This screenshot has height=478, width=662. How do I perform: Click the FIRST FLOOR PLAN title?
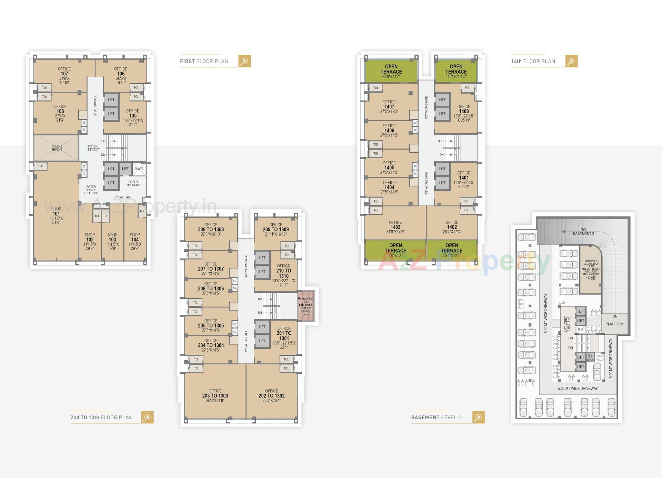tap(204, 61)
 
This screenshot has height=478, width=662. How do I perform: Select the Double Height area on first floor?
tap(57, 148)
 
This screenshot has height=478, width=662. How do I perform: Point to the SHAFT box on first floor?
tap(139, 169)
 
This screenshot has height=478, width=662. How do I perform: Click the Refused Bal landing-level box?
tap(306, 306)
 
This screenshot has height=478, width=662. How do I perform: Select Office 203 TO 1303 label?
tap(215, 395)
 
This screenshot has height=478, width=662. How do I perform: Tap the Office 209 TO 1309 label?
tap(275, 229)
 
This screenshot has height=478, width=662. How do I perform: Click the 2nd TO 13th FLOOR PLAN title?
tap(101, 417)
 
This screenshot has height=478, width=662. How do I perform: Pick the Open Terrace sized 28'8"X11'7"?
tap(391, 71)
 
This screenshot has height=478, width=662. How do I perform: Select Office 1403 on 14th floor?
tap(395, 227)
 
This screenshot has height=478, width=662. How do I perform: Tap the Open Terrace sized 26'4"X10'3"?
tap(452, 250)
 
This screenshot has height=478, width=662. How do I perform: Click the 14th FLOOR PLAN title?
tap(533, 61)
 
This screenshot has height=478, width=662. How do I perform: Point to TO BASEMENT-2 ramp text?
tap(583, 232)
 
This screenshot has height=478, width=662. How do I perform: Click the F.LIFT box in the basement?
tap(581, 311)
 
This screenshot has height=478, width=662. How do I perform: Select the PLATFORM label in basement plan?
tap(614, 324)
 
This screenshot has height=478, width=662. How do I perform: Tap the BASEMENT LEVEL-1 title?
tap(436, 417)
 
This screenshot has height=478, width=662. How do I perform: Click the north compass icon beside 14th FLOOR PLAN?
tap(571, 61)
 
